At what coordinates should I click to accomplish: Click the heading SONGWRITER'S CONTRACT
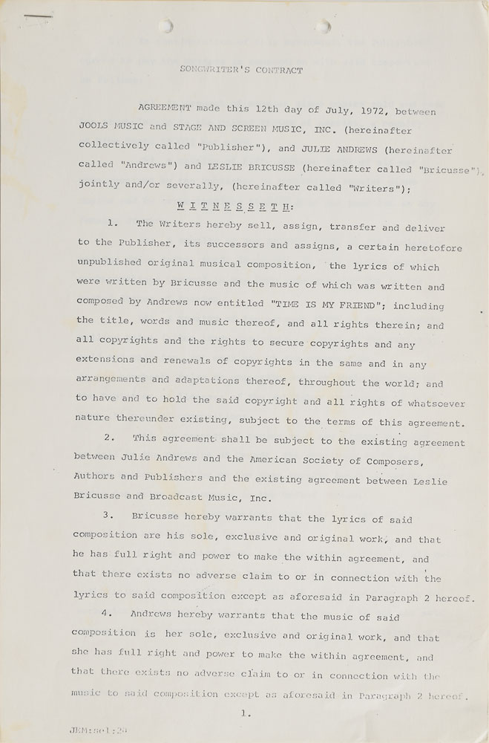tap(242, 71)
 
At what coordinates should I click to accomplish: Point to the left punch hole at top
tap(168, 27)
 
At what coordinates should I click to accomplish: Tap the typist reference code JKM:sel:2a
tap(93, 731)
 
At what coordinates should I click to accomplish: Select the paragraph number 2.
tap(109, 438)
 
